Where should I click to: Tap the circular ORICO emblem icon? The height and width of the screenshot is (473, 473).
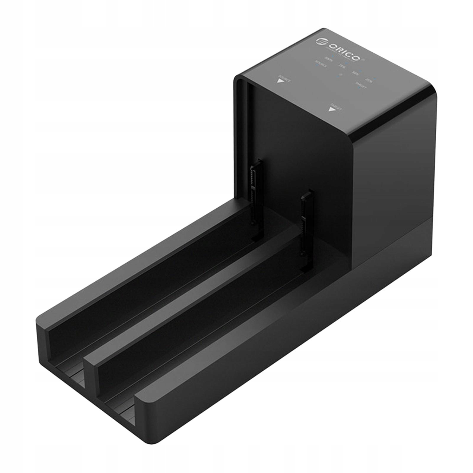[x=322, y=41]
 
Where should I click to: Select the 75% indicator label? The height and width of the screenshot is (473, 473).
[x=342, y=66]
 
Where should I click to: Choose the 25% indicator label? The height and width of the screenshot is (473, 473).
[x=369, y=80]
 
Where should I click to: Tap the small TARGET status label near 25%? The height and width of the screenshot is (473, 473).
[x=361, y=85]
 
